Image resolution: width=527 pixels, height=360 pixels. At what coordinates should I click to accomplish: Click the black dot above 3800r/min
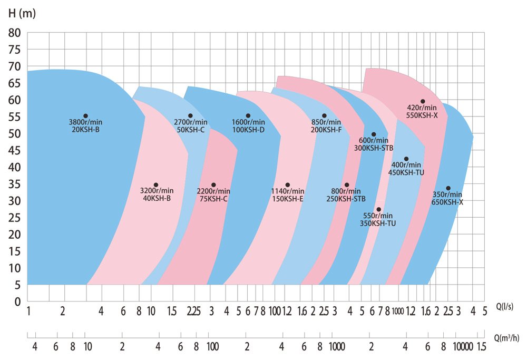pyautogui.click(x=85, y=116)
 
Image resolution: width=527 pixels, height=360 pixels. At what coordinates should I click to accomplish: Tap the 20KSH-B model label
pyautogui.click(x=85, y=129)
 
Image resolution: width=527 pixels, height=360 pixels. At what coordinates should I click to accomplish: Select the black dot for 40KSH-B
pyautogui.click(x=156, y=185)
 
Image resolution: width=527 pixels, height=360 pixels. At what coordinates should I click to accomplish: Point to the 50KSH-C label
pyautogui.click(x=190, y=129)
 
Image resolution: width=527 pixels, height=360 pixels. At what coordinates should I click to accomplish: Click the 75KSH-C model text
pyautogui.click(x=213, y=198)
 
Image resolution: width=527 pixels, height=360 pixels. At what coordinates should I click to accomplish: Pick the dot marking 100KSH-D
pyautogui.click(x=248, y=116)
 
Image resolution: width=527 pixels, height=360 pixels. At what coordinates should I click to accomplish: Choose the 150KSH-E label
pyautogui.click(x=287, y=198)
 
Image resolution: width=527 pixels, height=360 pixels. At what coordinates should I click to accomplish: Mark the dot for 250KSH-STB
pyautogui.click(x=347, y=185)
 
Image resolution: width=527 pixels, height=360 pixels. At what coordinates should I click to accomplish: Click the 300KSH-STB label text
pyautogui.click(x=374, y=148)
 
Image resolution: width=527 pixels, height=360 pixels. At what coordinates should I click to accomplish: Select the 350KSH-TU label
pyautogui.click(x=378, y=223)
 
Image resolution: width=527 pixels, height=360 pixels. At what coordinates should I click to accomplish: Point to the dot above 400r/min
pyautogui.click(x=406, y=159)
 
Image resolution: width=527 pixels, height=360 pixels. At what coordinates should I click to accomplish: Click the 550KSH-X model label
pyautogui.click(x=422, y=115)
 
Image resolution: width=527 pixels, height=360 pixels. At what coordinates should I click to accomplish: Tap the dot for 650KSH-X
pyautogui.click(x=448, y=188)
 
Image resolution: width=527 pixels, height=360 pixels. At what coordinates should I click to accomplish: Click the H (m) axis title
pyautogui.click(x=22, y=14)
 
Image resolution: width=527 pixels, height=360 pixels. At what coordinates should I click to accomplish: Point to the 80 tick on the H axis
pyautogui.click(x=14, y=33)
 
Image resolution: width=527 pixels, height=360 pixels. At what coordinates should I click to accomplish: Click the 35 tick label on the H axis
pyautogui.click(x=14, y=184)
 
